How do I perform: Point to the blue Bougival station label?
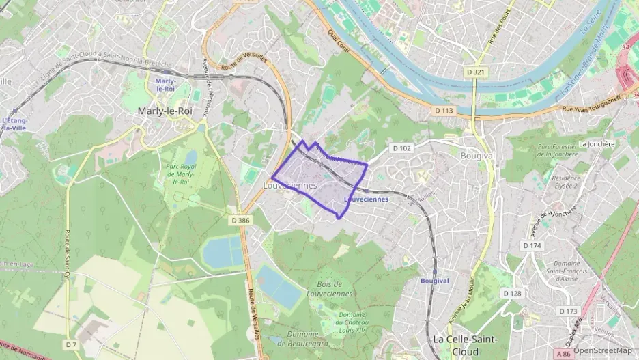click(435, 281)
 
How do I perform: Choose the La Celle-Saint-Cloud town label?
click(465, 344)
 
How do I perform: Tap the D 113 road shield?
click(444, 110)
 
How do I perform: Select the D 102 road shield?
click(401, 148)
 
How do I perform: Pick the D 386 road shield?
click(240, 220)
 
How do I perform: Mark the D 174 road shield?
click(532, 245)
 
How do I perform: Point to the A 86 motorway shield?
click(563, 354)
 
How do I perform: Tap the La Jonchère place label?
click(597, 144)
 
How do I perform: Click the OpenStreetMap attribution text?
click(602, 350)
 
